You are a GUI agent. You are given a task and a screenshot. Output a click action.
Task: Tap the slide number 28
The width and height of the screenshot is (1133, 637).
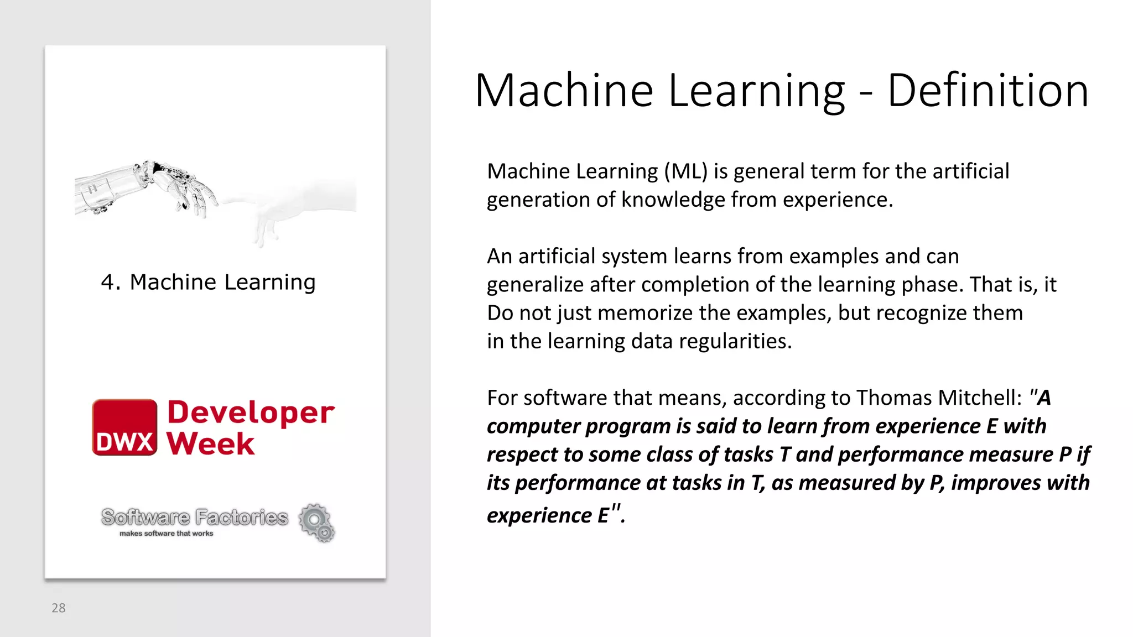pyautogui.click(x=59, y=608)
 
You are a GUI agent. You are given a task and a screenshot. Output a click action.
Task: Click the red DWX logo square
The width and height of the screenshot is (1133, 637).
pyautogui.click(x=124, y=427)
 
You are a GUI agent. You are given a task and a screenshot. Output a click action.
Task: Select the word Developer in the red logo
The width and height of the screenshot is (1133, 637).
pyautogui.click(x=251, y=413)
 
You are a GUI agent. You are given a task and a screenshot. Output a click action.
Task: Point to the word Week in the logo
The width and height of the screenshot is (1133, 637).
pyautogui.click(x=211, y=443)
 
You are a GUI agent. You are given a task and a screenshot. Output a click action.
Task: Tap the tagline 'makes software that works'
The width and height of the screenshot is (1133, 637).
pyautogui.click(x=166, y=534)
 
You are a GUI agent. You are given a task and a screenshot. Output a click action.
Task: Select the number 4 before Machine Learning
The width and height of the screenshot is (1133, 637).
pyautogui.click(x=107, y=283)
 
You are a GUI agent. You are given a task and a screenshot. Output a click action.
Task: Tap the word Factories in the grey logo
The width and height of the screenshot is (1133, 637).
pyautogui.click(x=242, y=518)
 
